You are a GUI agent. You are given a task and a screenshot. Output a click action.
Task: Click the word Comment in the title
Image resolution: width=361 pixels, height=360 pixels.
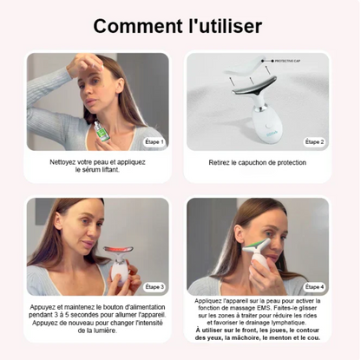click(x=137, y=26)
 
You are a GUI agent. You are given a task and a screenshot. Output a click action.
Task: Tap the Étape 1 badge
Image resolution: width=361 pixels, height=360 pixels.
click(x=154, y=141)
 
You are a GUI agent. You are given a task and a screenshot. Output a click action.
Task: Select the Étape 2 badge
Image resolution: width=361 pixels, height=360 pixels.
click(x=313, y=141)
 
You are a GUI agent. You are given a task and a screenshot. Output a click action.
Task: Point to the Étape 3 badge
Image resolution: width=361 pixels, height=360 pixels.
click(x=154, y=285)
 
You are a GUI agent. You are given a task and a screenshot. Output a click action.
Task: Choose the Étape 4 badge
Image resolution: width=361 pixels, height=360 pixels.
click(x=313, y=285)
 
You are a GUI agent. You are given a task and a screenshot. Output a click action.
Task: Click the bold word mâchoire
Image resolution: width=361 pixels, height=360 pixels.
click(x=253, y=346)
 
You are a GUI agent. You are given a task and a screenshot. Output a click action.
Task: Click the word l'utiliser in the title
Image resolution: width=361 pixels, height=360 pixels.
click(x=220, y=26)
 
